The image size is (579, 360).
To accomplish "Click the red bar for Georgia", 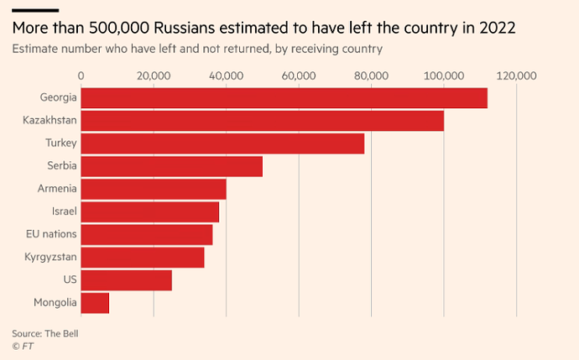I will pyautogui.click(x=284, y=98).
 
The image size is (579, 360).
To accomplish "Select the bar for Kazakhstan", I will pyautogui.click(x=262, y=121).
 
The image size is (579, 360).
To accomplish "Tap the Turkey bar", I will pyautogui.click(x=222, y=143).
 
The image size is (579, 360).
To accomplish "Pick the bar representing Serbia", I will pyautogui.click(x=171, y=166).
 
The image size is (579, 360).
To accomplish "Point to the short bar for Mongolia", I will pyautogui.click(x=95, y=302).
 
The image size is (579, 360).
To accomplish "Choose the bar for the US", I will pyautogui.click(x=126, y=279).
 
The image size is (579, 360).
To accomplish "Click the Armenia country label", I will pyautogui.click(x=57, y=189).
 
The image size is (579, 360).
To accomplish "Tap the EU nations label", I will pyautogui.click(x=52, y=234).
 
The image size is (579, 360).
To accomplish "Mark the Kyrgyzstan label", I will pyautogui.click(x=51, y=257).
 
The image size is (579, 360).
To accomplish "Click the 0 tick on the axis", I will pyautogui.click(x=81, y=76).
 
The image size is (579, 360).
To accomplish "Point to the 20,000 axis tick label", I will pyautogui.click(x=154, y=76).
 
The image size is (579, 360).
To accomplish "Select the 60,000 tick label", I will pyautogui.click(x=299, y=76).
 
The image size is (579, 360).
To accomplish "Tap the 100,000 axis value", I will pyautogui.click(x=443, y=76).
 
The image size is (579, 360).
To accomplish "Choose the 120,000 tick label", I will pyautogui.click(x=515, y=76).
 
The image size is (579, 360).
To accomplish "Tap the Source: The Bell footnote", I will pyautogui.click(x=50, y=333).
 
